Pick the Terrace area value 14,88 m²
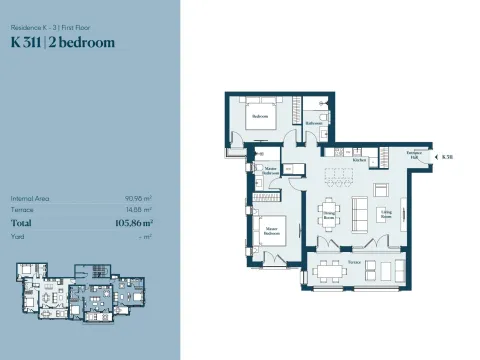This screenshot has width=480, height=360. coord(141,211)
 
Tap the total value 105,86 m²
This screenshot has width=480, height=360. coord(133,224)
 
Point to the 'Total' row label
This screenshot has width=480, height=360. coord(22,224)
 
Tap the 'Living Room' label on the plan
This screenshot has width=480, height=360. coord(385,213)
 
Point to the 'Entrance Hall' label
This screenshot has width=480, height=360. coord(413,155)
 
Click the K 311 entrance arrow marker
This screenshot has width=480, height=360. coord(441,157)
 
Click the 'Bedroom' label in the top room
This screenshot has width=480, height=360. coord(260,116)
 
